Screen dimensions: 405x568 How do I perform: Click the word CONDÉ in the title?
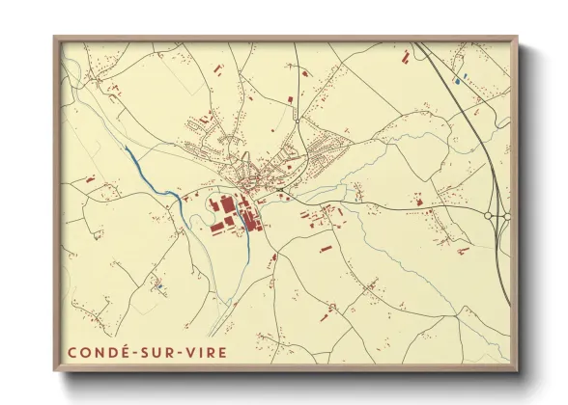(99, 352)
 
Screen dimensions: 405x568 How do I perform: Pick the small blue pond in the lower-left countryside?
(158, 286)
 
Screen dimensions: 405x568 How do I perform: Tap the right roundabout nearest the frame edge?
(506, 217)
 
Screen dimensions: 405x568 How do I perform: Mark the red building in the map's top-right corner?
(405, 59)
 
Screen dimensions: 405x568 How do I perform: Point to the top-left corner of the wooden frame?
(54, 38)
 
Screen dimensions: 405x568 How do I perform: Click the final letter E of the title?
(224, 352)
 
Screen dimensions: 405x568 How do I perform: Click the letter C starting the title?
(72, 352)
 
